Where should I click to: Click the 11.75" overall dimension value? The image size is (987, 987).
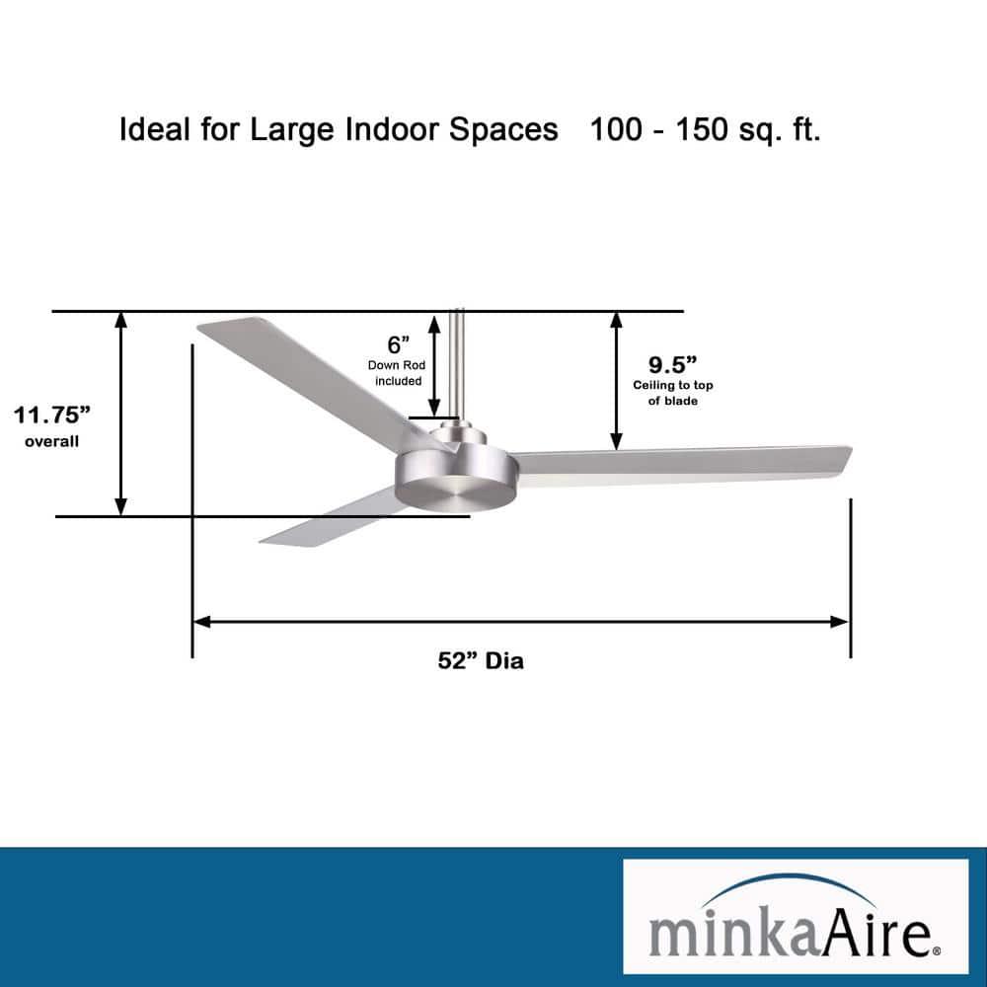tap(51, 414)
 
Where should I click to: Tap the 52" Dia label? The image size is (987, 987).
tap(481, 661)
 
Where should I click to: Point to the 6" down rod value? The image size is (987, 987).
tap(398, 344)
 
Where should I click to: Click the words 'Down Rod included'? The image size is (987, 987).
tap(397, 373)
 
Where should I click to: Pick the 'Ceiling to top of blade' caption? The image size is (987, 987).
tap(673, 393)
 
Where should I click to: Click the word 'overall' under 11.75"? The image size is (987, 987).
tap(51, 441)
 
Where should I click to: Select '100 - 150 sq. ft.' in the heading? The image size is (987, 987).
tap(705, 130)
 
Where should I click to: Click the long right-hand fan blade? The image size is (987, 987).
tap(681, 464)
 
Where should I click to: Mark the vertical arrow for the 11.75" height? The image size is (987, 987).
tap(121, 414)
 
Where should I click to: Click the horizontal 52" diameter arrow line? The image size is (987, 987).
tap(520, 622)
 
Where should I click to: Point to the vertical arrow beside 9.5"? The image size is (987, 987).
tap(617, 380)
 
